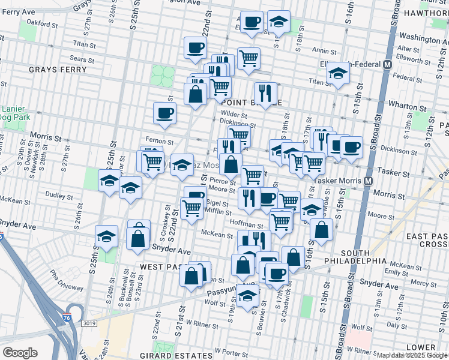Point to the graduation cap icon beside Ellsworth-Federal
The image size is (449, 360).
pos(339,74)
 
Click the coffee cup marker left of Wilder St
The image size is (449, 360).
pos(164,113)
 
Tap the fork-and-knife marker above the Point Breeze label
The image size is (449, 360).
pos(265,92)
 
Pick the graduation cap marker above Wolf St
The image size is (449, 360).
pos(247,295)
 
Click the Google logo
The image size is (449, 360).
pos(20,352)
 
